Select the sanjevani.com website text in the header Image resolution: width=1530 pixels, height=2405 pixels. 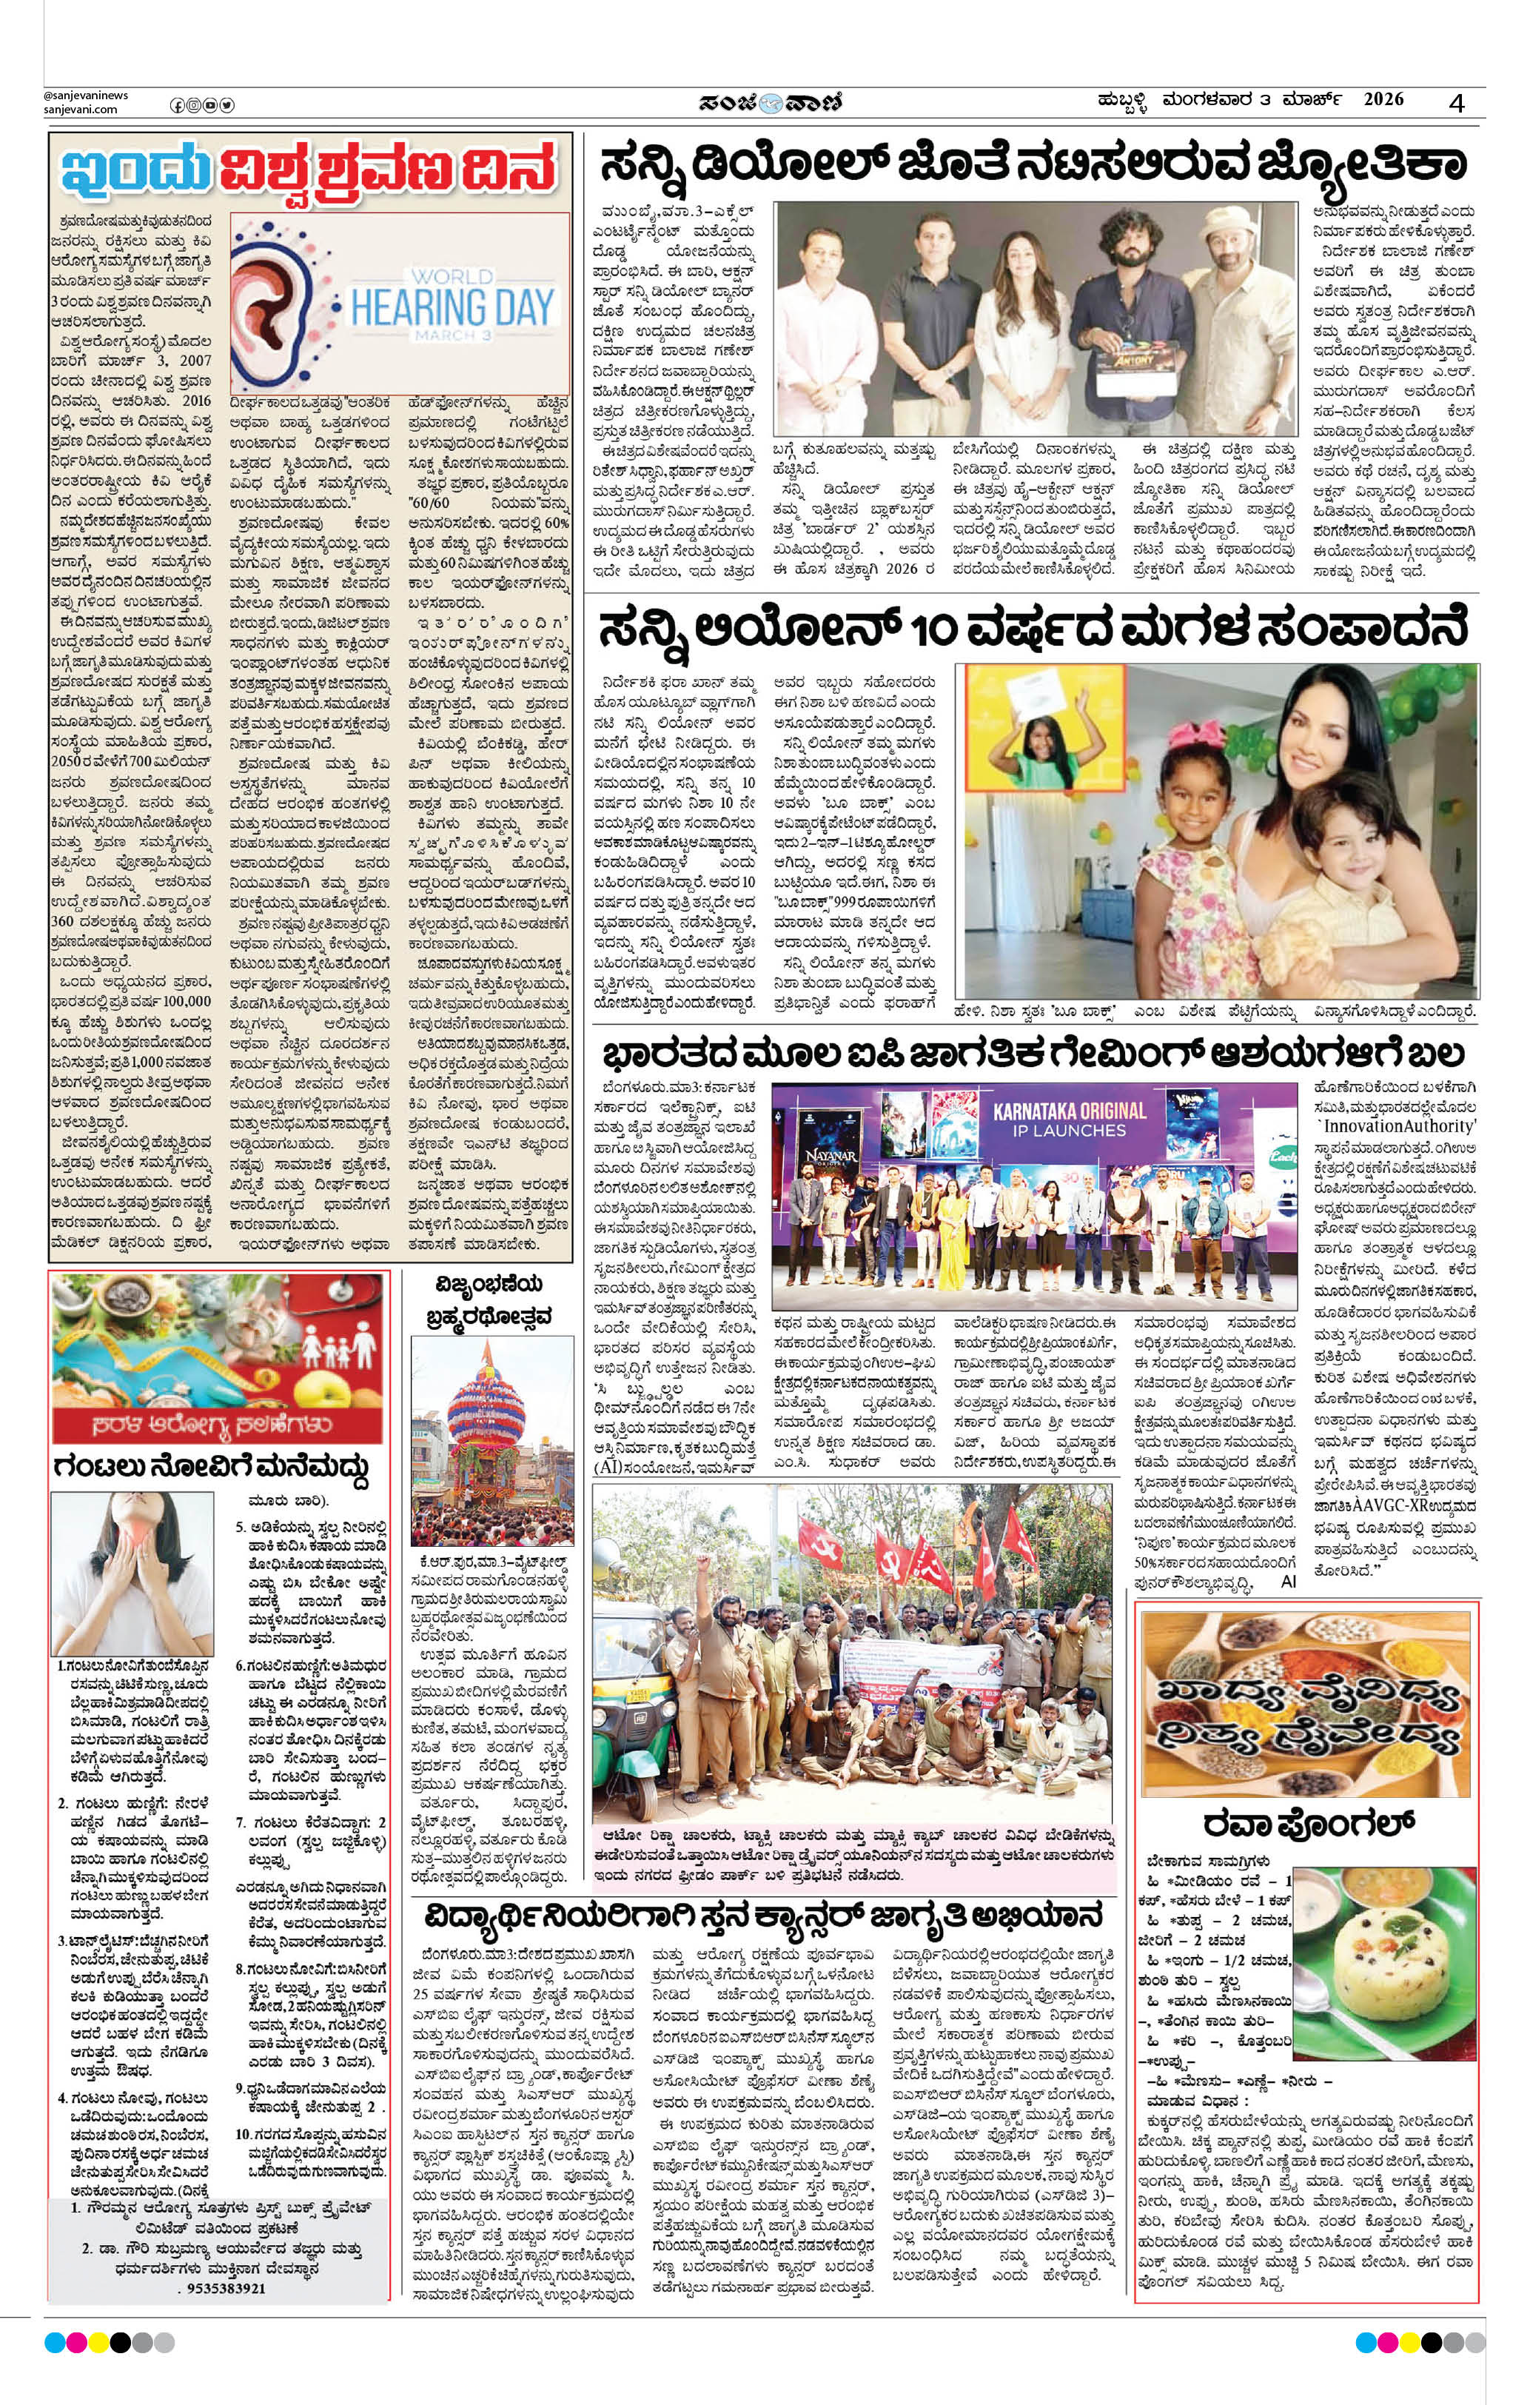tap(80, 109)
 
